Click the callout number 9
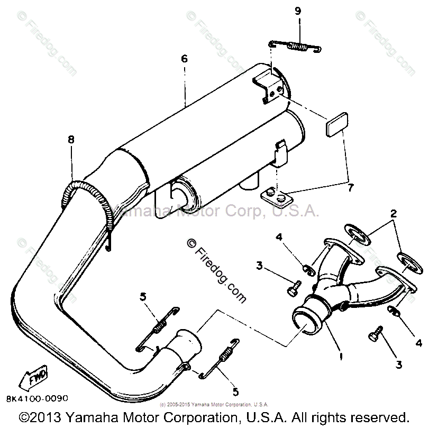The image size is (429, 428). [298, 11]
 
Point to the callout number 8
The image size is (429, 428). [71, 140]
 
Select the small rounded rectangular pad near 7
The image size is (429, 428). [335, 127]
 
